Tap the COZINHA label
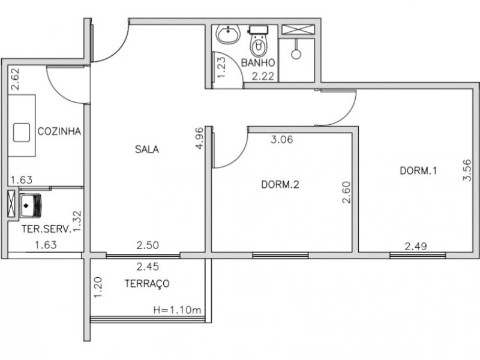(x=59, y=131)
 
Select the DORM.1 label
(x=418, y=170)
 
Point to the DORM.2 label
(x=280, y=185)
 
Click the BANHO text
(x=258, y=62)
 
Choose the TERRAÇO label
(x=146, y=283)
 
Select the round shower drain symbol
(x=296, y=53)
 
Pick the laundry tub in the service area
(x=30, y=205)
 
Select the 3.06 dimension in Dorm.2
(x=282, y=140)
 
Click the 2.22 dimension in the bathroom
(x=263, y=76)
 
